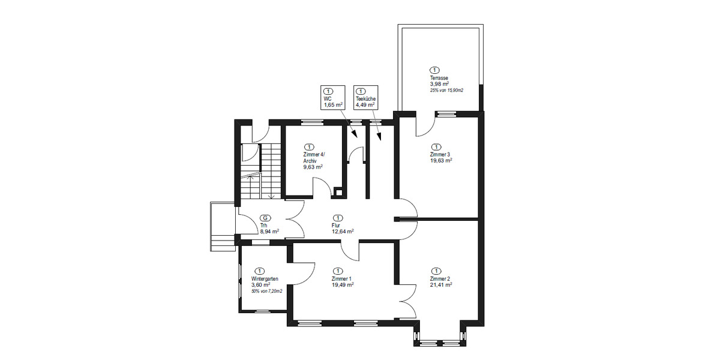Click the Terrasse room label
[439, 79]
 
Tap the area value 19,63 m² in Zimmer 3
[440, 161]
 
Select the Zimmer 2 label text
[440, 279]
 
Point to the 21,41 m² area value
[440, 285]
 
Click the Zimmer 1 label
[341, 279]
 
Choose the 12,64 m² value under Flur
[343, 231]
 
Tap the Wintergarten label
[265, 279]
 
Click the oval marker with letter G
[265, 218]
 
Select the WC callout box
[333, 97]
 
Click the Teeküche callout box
[365, 97]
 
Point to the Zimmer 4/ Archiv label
[314, 158]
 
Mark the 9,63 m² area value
[313, 167]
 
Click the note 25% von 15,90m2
[446, 91]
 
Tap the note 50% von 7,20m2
[267, 291]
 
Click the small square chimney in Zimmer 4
[339, 193]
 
